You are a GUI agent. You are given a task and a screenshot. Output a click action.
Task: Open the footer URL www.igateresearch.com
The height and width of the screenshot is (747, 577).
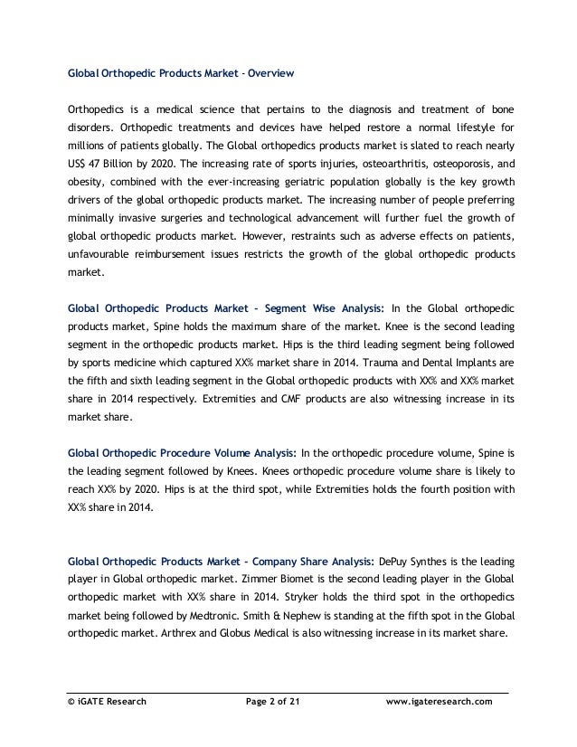coord(439,701)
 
